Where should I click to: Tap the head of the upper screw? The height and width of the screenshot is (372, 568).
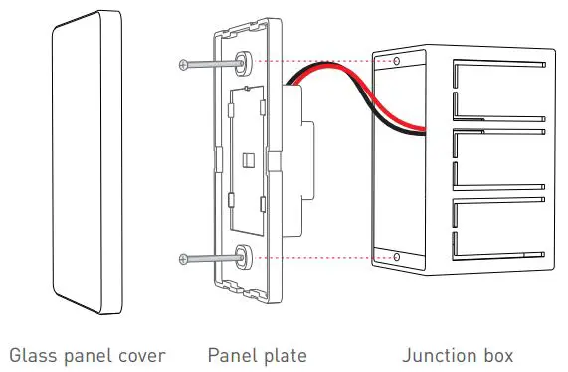(x=181, y=65)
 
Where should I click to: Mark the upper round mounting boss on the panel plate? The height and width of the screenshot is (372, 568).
(x=243, y=64)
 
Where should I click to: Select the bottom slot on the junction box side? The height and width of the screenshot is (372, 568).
(x=497, y=224)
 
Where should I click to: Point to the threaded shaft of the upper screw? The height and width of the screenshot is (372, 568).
(x=211, y=65)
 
